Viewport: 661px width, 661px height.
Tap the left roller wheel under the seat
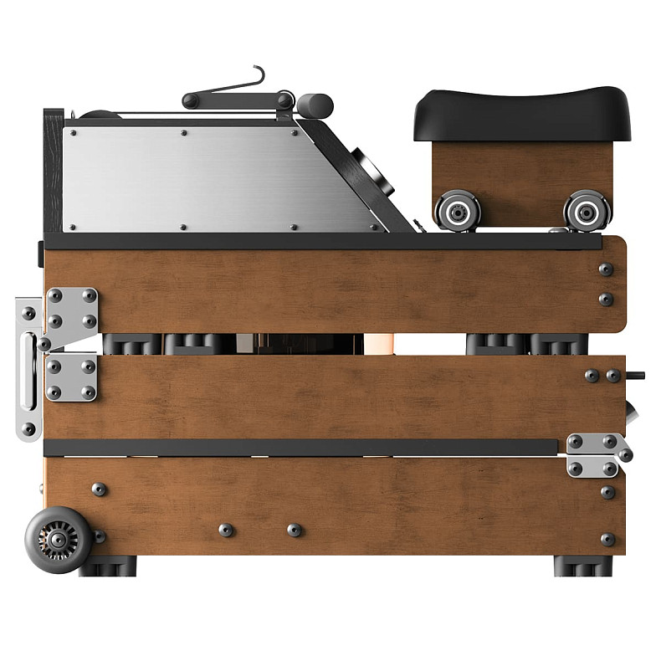click(x=458, y=210)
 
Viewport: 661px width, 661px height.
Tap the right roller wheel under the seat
click(x=587, y=210)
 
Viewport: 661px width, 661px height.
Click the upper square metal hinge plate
click(x=72, y=309)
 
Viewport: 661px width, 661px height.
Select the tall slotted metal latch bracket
click(x=28, y=368)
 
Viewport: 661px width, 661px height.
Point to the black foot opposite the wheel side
click(x=582, y=566)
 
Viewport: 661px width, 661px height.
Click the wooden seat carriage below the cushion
click(x=519, y=172)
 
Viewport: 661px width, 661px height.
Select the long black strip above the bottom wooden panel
click(x=301, y=448)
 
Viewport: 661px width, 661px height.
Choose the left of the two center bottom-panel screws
click(x=225, y=530)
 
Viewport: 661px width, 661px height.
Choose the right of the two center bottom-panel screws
click(x=294, y=530)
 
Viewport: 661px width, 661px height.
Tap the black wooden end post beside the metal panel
click(x=53, y=172)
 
